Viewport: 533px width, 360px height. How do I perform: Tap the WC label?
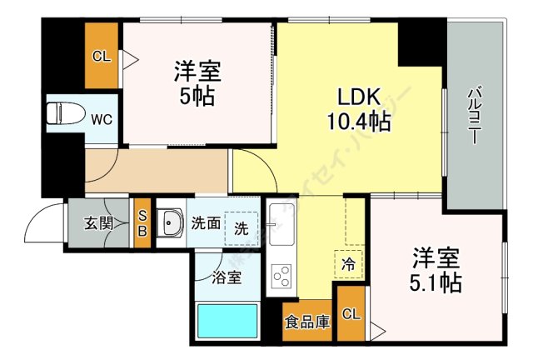pos(101,119)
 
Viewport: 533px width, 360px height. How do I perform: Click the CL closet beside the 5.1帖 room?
pos(351,313)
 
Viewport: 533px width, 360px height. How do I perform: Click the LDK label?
pos(357,95)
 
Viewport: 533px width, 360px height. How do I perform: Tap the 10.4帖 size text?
pos(359,121)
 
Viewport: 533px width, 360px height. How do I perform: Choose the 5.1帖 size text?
pos(436,283)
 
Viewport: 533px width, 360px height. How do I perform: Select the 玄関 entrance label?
pos(97,223)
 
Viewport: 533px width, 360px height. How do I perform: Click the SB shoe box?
pos(142,223)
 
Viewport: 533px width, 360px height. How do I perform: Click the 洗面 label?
pos(206,222)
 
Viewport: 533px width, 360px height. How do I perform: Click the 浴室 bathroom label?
pos(227,277)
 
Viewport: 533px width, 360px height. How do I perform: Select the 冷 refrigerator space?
pos(348,262)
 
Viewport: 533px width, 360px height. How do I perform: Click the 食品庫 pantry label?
pos(307,321)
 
